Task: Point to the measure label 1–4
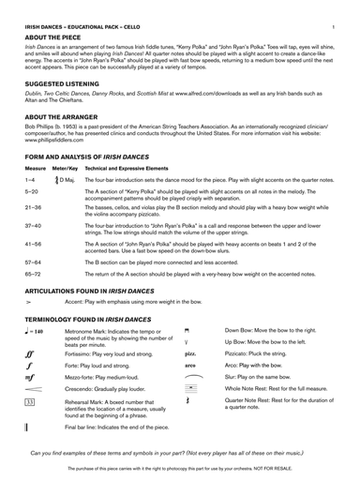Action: coord(30,178)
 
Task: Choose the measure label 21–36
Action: coord(33,207)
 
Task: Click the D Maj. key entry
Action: coord(67,178)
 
